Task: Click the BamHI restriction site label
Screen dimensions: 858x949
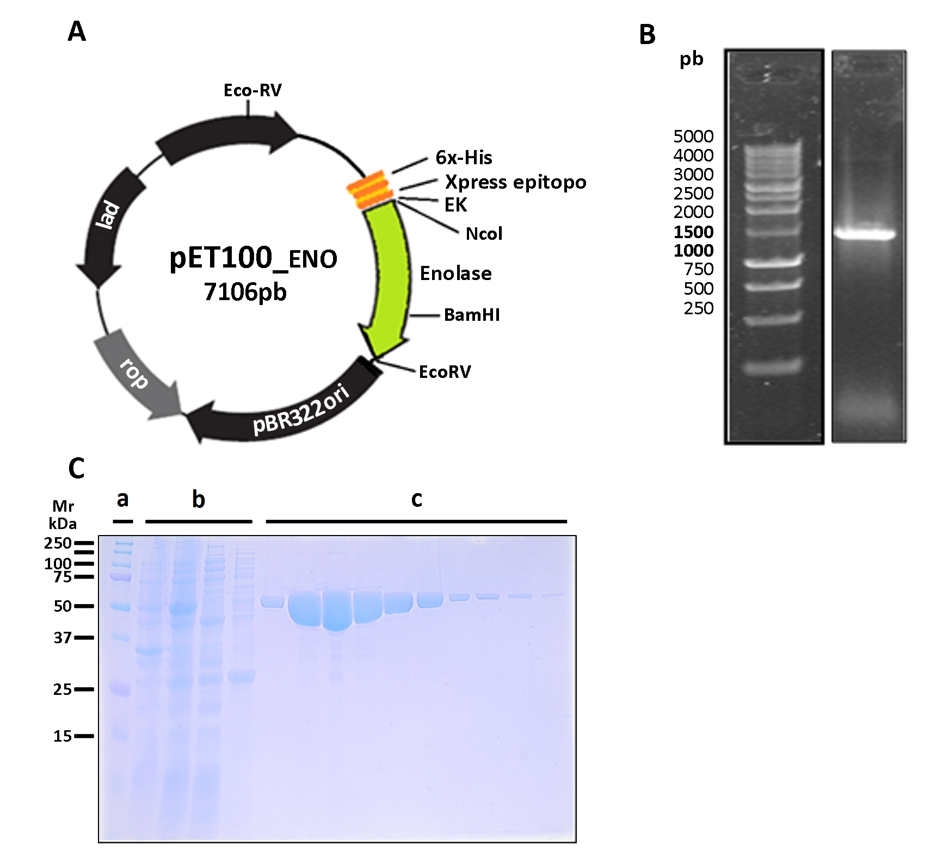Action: point(472,315)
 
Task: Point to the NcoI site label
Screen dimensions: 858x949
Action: point(484,234)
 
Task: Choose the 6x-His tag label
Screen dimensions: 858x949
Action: point(464,158)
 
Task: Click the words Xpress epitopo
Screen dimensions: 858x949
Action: point(515,182)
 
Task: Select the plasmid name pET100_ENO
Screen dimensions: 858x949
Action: point(253,258)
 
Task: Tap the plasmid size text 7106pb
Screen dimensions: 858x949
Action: point(245,292)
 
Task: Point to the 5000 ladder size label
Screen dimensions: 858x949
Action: point(693,136)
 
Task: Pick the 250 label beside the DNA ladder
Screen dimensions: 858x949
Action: point(698,308)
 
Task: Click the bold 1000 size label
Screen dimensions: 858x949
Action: point(693,251)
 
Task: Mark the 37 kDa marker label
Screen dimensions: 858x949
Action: point(63,637)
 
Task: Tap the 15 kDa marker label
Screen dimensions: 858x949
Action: point(63,736)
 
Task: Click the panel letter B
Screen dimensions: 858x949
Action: point(647,35)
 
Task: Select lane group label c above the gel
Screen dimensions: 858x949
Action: point(416,499)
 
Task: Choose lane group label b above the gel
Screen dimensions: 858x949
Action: point(198,499)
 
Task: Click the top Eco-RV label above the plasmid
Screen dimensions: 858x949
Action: point(252,90)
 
